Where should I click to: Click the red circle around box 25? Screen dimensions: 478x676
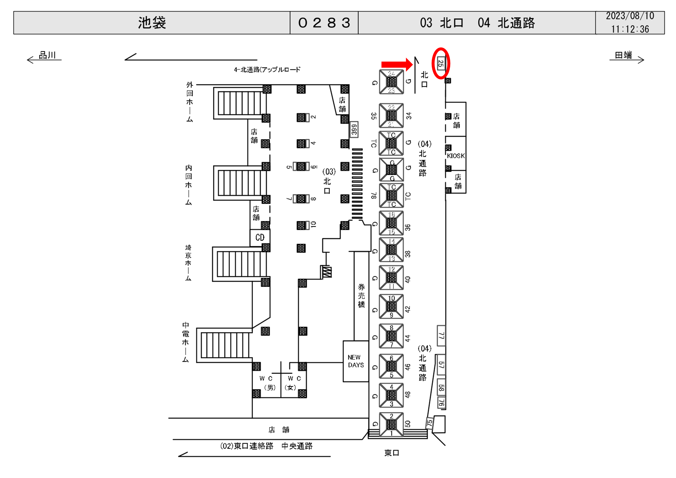[441, 63]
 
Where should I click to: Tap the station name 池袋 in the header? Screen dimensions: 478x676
[152, 23]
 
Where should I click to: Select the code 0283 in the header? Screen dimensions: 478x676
[324, 23]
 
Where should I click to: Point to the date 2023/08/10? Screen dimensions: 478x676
[630, 16]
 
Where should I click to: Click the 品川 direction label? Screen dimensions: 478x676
[47, 55]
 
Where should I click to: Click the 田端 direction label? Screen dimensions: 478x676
[623, 55]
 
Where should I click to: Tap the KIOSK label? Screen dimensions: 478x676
[456, 156]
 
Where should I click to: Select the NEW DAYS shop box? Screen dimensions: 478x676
[356, 361]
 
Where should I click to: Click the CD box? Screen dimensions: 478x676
[260, 238]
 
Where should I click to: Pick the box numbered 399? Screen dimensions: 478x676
[354, 129]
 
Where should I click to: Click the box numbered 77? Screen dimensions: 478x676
[441, 335]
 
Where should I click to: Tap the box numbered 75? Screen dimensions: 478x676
[429, 423]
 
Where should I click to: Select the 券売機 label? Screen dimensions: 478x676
[361, 296]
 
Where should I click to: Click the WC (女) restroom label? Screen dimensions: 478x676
[294, 383]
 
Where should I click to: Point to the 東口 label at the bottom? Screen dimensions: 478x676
[392, 453]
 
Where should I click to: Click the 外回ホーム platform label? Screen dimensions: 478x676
[190, 102]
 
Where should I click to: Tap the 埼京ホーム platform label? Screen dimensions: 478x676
[188, 263]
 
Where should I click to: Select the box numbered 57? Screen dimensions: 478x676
[441, 365]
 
